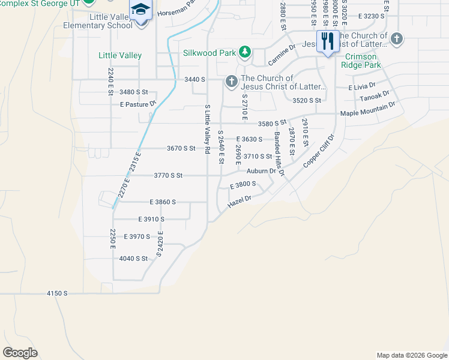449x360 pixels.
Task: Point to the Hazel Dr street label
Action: pos(238,202)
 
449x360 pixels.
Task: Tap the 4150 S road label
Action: pos(58,293)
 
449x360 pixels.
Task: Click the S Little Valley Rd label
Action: pos(206,129)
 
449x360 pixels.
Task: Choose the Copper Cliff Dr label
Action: pos(318,151)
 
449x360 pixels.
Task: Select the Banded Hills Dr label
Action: pos(279,154)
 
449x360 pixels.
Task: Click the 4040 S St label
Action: pos(133,259)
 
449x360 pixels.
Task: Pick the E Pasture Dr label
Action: pos(138,104)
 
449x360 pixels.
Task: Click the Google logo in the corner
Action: pos(20,352)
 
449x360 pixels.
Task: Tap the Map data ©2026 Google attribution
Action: pos(411,355)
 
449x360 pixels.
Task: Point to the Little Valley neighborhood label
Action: pos(120,55)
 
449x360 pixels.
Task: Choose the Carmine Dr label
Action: pos(282,55)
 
